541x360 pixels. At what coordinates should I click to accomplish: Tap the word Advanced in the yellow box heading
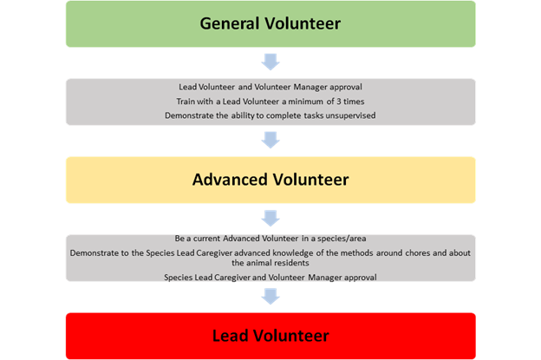228,180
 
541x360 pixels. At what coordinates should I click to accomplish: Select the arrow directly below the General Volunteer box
270,62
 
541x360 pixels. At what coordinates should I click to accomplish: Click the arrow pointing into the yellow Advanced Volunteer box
270,140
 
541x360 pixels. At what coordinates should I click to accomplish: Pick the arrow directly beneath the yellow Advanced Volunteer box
270,218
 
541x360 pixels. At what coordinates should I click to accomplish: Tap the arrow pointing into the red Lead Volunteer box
270,296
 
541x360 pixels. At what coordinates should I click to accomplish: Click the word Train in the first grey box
185,101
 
